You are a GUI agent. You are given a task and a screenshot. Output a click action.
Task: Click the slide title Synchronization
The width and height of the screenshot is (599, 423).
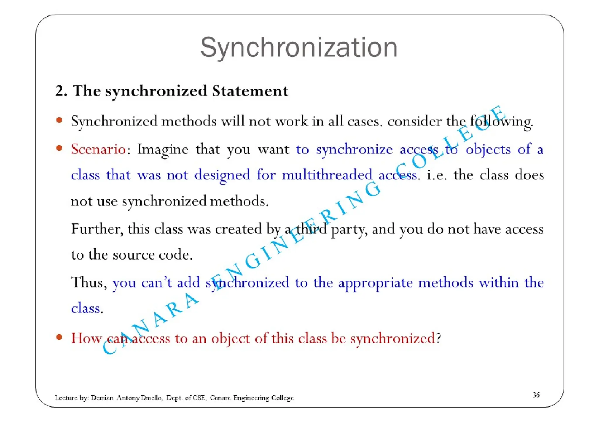(x=299, y=48)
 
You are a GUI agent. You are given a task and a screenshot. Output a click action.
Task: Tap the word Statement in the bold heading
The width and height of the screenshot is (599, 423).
(x=250, y=91)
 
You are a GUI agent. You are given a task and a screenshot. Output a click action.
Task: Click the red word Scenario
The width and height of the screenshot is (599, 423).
(x=99, y=149)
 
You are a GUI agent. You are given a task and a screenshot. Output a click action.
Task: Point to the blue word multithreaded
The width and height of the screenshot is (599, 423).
(x=327, y=175)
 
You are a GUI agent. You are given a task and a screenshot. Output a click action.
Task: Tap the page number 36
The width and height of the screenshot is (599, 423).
(x=536, y=395)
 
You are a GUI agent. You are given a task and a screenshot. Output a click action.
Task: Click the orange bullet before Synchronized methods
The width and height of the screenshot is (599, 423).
(x=59, y=120)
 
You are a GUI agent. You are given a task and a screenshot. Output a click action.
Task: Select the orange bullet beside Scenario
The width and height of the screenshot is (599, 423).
(x=59, y=148)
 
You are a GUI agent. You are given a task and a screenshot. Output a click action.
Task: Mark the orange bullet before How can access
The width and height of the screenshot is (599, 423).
(x=59, y=337)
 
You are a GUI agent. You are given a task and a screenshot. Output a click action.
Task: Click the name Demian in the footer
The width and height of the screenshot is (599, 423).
(x=102, y=398)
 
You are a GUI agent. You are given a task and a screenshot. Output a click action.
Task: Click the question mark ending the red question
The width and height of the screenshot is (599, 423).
(x=438, y=339)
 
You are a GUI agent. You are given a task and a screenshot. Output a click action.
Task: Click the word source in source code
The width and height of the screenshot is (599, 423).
(x=134, y=255)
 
